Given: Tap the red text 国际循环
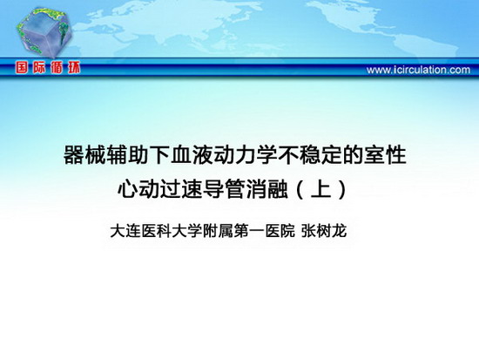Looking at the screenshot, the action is coord(48,67).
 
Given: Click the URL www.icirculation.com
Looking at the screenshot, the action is coord(418,70).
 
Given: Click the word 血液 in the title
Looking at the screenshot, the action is coord(182,155).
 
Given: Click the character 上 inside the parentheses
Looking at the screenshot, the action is coord(321,189).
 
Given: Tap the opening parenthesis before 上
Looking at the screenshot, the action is coord(300,189).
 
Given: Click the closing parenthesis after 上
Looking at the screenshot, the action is coord(343,189).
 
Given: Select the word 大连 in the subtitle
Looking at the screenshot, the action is coord(125,231).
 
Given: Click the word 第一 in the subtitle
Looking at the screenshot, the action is coord(249,231).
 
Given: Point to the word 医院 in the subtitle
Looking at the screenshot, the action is coord(280,231).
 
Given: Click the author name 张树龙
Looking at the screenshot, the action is coord(324,231).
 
